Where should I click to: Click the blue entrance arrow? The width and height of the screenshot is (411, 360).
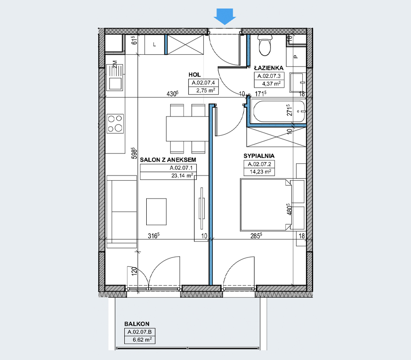[225, 16]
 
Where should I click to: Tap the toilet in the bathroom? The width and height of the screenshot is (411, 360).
[265, 45]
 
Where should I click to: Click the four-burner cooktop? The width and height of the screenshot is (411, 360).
[115, 123]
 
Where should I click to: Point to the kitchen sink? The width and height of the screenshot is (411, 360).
[114, 78]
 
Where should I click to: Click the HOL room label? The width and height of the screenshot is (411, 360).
[194, 74]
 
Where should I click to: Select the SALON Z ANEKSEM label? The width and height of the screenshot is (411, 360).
[168, 160]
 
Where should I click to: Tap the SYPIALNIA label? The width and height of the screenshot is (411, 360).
[259, 156]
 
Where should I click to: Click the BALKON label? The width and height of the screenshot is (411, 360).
[137, 324]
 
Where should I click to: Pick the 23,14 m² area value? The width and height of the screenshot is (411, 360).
[182, 176]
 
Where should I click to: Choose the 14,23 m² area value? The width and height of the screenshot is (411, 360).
[260, 172]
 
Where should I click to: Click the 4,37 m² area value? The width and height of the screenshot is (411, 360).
[271, 84]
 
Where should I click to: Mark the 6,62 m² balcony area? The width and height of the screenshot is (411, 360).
[142, 340]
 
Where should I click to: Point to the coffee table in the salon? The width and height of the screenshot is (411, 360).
[156, 212]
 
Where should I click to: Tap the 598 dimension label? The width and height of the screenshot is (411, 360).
[134, 153]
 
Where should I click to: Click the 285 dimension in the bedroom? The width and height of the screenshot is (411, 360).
[256, 235]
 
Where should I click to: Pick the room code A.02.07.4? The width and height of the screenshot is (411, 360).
[203, 82]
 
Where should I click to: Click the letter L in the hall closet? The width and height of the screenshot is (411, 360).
[154, 44]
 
